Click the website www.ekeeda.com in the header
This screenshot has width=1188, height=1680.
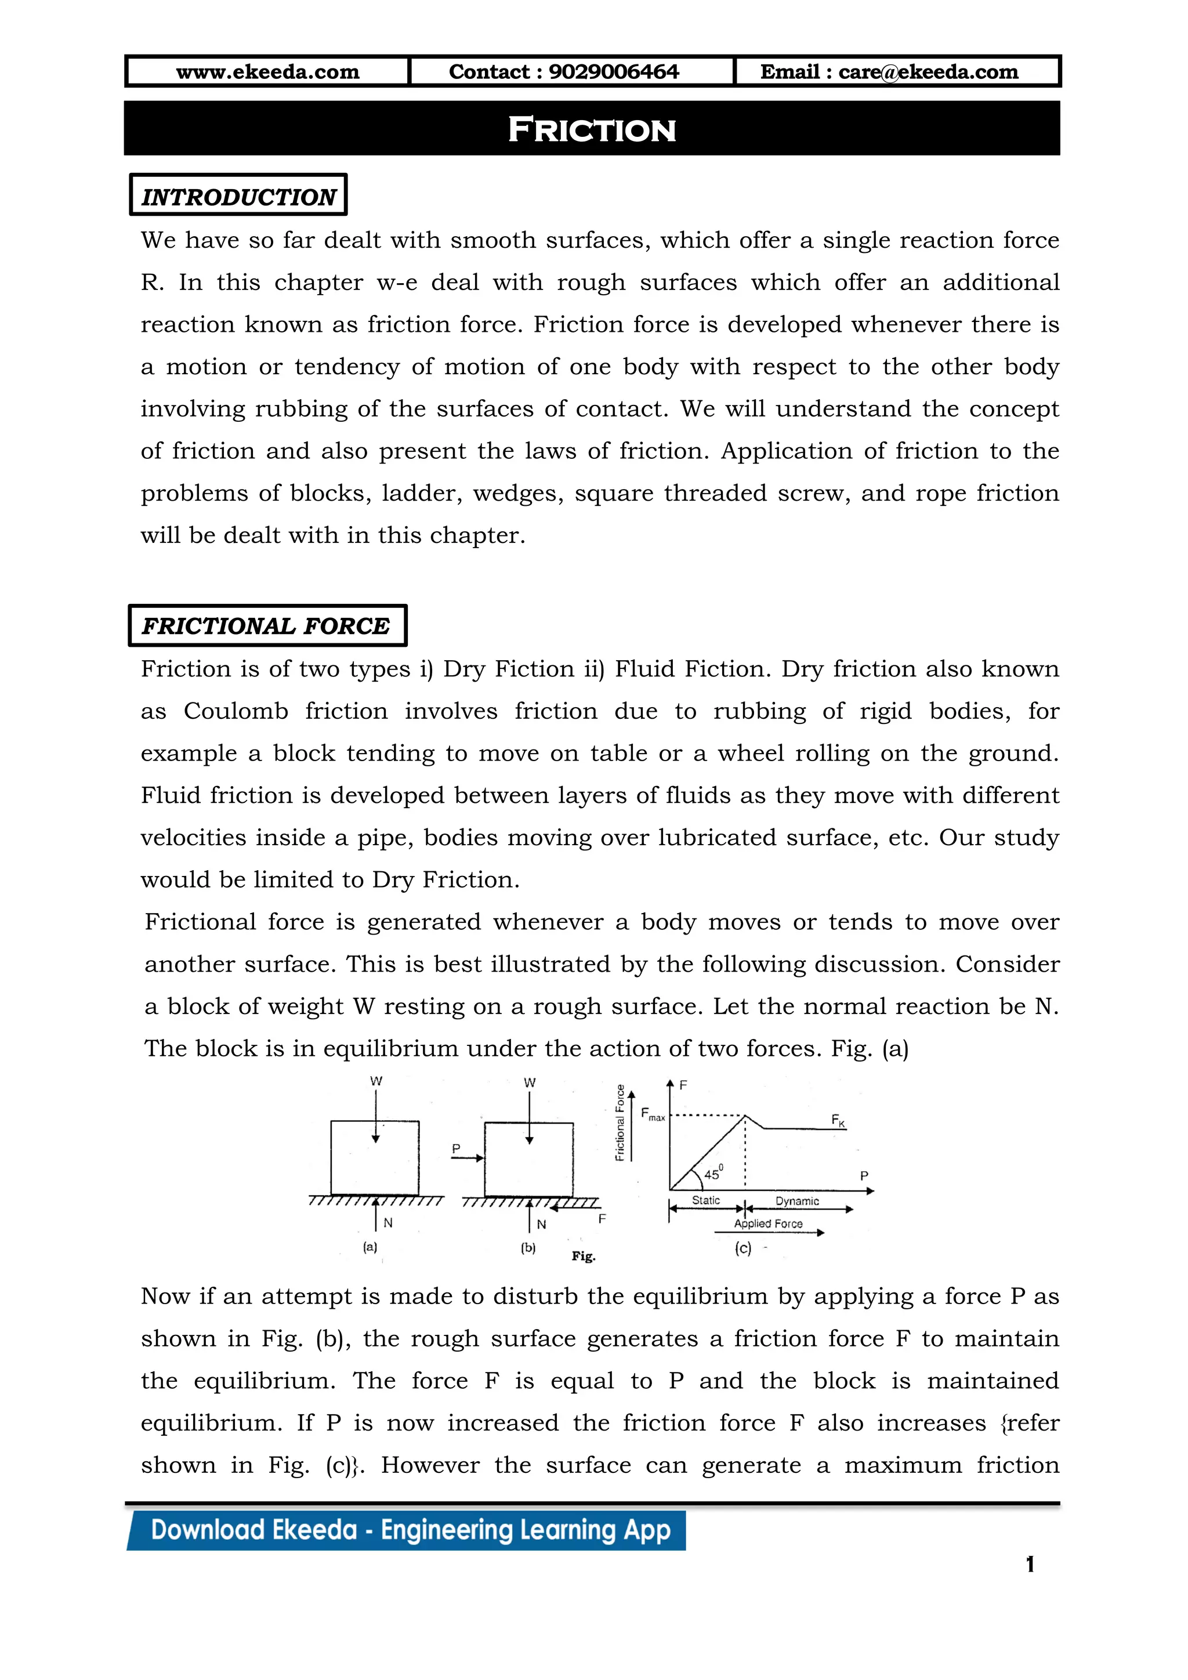click(x=268, y=72)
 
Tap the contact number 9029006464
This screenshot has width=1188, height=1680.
click(x=613, y=72)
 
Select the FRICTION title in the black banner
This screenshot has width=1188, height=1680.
click(x=592, y=129)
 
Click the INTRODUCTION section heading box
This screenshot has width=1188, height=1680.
click(x=238, y=195)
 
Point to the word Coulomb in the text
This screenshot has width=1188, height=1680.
click(x=236, y=711)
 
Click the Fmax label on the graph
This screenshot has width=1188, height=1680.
click(x=653, y=1115)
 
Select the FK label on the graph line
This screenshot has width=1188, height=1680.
click(x=838, y=1120)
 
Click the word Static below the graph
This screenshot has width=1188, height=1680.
click(x=706, y=1201)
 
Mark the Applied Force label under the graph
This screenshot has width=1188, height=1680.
click(x=768, y=1223)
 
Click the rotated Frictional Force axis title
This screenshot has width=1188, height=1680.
click(x=620, y=1123)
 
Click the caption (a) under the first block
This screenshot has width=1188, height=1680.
click(x=370, y=1247)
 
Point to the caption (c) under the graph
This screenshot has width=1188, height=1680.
click(x=742, y=1248)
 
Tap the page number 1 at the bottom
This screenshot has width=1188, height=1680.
click(x=1030, y=1565)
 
